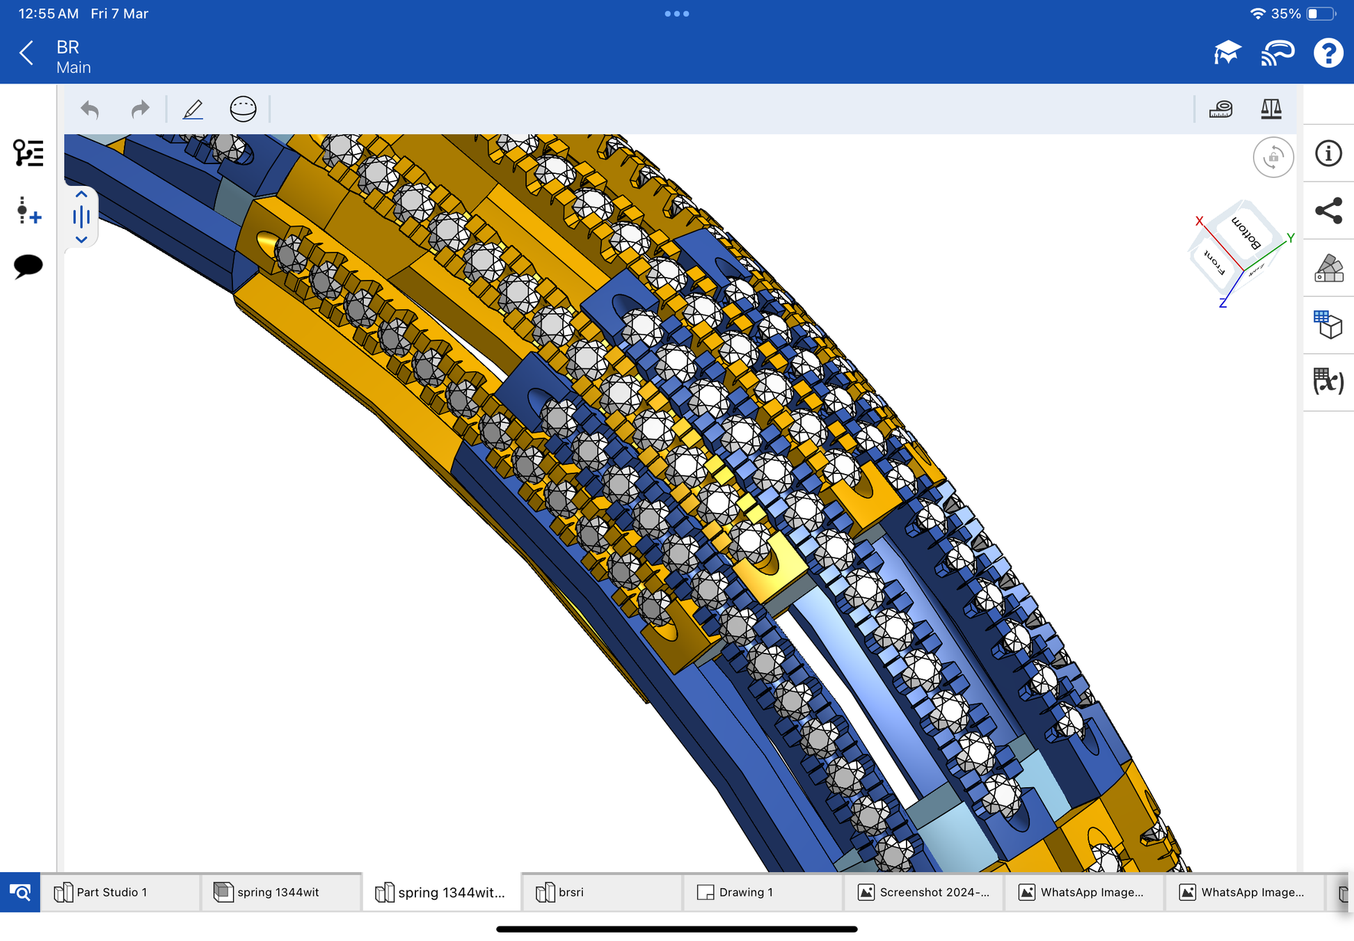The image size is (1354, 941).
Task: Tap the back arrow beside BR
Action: (x=26, y=53)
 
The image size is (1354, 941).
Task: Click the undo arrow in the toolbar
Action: (x=90, y=109)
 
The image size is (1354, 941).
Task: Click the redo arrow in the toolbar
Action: (x=141, y=109)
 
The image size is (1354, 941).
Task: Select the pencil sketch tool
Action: (x=193, y=109)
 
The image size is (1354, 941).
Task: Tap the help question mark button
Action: (x=1328, y=53)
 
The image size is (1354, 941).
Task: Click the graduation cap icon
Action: (x=1227, y=53)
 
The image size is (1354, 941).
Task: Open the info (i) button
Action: (x=1328, y=153)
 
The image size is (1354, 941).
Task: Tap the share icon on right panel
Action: (x=1328, y=210)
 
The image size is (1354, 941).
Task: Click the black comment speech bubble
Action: (x=28, y=266)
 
